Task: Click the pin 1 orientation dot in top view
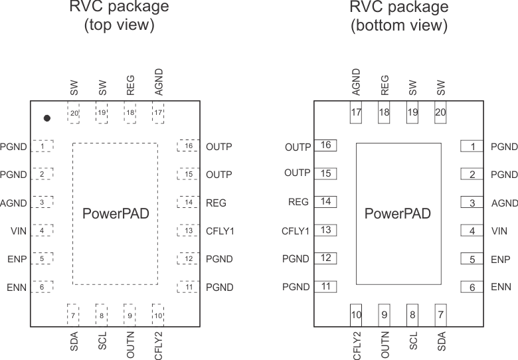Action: coord(46,118)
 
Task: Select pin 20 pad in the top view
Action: coord(73,113)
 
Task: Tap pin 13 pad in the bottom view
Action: coord(325,230)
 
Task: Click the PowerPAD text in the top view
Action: coord(116,214)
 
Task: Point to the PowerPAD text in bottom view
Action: coord(398,214)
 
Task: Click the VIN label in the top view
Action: coord(19,231)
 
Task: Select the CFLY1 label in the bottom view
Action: coord(296,231)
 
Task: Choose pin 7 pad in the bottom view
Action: coord(440,315)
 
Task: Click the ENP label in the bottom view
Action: coord(500,260)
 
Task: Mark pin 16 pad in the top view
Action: coord(189,146)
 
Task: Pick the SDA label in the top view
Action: coord(74,341)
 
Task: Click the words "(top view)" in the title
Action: coord(119,26)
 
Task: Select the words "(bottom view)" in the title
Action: coord(399,26)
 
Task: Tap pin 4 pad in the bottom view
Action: coord(472,231)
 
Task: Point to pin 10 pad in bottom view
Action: coord(356,315)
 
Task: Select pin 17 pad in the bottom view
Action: coord(356,113)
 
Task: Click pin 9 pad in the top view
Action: coord(130,315)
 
